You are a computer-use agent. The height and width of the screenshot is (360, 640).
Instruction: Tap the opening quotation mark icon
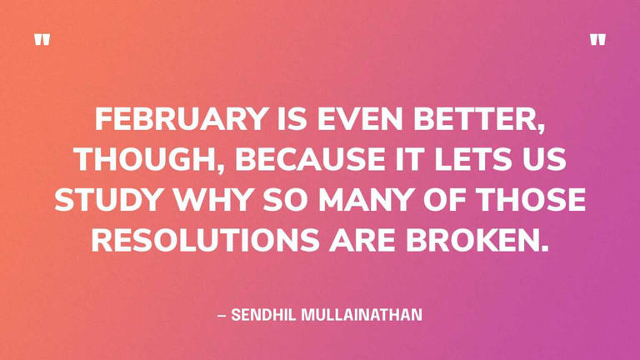point(42,40)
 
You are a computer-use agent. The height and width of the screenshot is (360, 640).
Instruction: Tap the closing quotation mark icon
point(597,40)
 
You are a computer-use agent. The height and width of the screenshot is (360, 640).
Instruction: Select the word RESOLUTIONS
point(205,239)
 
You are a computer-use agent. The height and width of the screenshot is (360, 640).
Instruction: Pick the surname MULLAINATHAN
point(362,315)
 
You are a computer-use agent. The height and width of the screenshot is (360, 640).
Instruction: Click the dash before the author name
point(222,315)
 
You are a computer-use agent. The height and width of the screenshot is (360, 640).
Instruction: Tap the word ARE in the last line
point(362,239)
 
